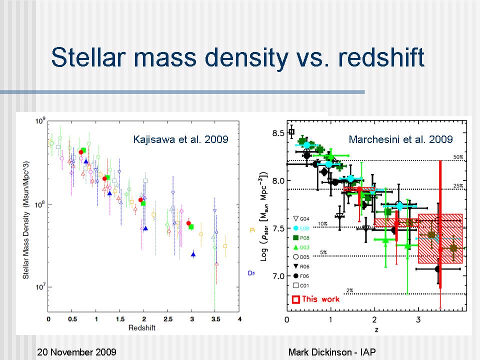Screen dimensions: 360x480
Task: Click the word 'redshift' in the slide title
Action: coord(381,57)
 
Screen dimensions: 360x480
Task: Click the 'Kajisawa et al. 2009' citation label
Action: coord(180,139)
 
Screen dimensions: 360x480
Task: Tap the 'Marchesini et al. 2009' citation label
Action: coord(400,139)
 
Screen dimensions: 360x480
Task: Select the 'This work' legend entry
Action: coord(315,299)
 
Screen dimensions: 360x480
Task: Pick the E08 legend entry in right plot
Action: coord(305,228)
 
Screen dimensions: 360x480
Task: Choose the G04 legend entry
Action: coord(305,218)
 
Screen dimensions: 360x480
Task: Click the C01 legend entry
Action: coord(305,285)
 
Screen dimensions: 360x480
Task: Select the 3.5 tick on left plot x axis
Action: coord(215,318)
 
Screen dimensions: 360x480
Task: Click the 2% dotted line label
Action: coord(349,290)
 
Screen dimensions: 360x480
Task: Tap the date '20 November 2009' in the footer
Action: coord(76,352)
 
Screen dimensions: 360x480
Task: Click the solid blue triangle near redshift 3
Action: coord(193,254)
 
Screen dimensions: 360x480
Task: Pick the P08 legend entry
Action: coord(305,237)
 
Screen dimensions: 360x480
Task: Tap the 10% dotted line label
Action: coord(322,223)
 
